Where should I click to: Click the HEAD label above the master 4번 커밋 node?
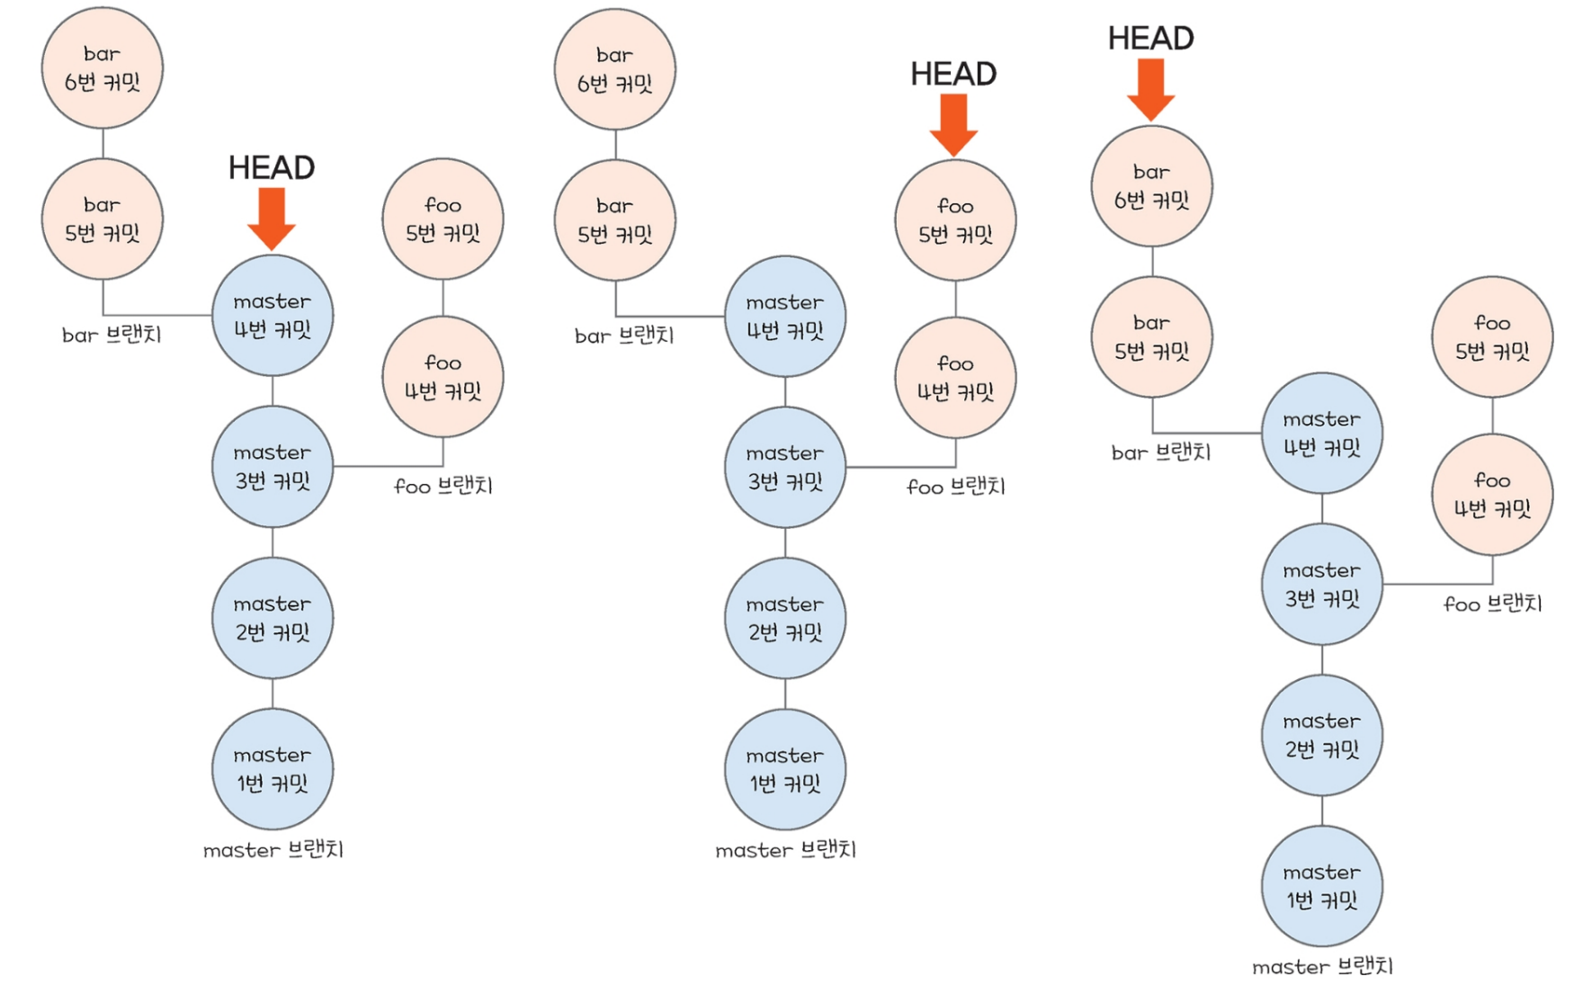pyautogui.click(x=271, y=167)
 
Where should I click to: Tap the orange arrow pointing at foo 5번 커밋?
pyautogui.click(x=953, y=124)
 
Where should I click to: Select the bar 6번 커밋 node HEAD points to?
pyautogui.click(x=1151, y=186)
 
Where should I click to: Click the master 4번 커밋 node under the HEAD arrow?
pyautogui.click(x=273, y=315)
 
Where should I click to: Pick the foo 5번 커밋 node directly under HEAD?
pyautogui.click(x=955, y=220)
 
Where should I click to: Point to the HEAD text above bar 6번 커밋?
pyautogui.click(x=1150, y=38)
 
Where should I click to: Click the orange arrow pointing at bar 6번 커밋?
pyautogui.click(x=1150, y=88)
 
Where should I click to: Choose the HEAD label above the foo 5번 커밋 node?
pyautogui.click(x=953, y=74)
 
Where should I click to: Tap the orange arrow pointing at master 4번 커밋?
pyautogui.click(x=271, y=218)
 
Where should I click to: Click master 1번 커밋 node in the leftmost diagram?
pyautogui.click(x=273, y=769)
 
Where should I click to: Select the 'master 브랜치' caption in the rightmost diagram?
pyautogui.click(x=1322, y=967)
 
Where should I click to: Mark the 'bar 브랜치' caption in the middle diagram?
pyautogui.click(x=624, y=336)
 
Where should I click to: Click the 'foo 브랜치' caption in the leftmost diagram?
pyautogui.click(x=443, y=487)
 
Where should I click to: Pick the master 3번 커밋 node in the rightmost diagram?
pyautogui.click(x=1322, y=585)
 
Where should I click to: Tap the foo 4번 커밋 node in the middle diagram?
pyautogui.click(x=955, y=378)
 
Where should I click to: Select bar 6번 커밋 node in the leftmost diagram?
pyautogui.click(x=103, y=68)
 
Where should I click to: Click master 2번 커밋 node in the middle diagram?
pyautogui.click(x=785, y=618)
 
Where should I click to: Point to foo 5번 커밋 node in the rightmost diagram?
pyautogui.click(x=1492, y=336)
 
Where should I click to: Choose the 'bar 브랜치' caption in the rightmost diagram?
pyautogui.click(x=1161, y=452)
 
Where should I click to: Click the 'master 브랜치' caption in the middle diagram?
pyautogui.click(x=785, y=850)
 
